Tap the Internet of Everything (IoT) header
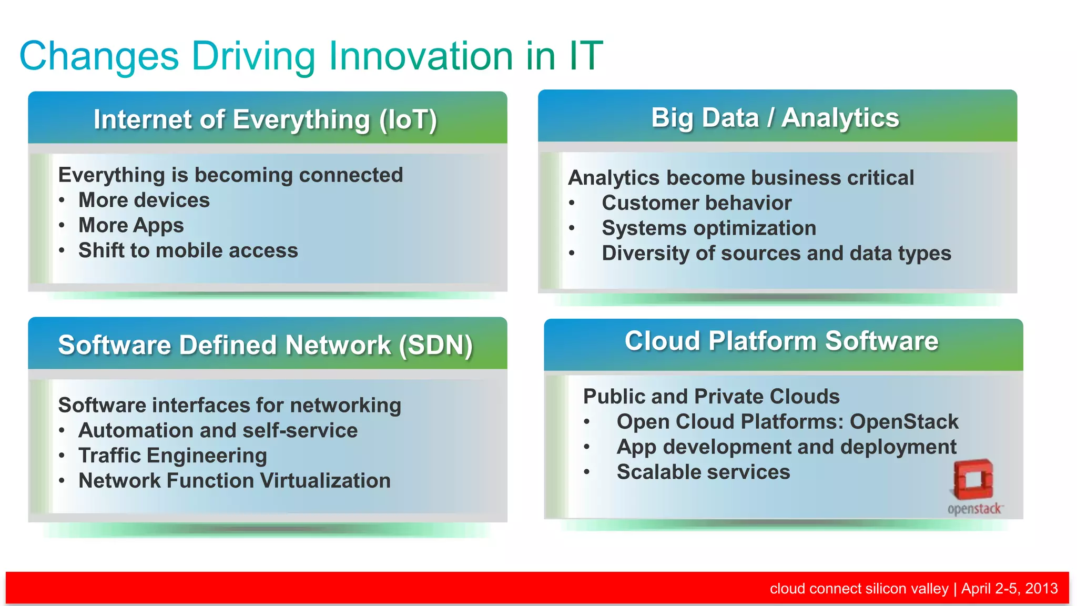[266, 119]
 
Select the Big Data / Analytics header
[775, 118]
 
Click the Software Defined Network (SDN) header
[266, 345]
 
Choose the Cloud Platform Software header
[781, 341]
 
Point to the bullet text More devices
[144, 200]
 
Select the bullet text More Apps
[131, 226]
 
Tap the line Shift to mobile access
[188, 250]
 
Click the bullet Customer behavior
[696, 203]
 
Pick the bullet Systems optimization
[709, 228]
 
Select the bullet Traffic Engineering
[172, 456]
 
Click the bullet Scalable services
[703, 472]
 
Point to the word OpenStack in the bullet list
[904, 422]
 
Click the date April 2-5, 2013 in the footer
[1009, 588]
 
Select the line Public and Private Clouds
[711, 397]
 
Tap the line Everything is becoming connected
[230, 175]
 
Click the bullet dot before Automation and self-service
[62, 431]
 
